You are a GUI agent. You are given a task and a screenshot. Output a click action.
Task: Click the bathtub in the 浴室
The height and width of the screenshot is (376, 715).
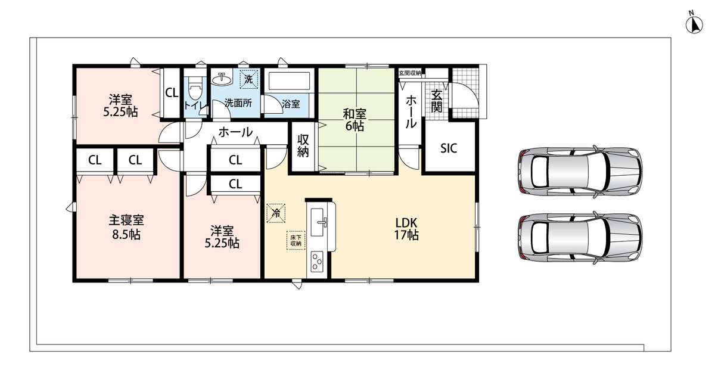[289, 81]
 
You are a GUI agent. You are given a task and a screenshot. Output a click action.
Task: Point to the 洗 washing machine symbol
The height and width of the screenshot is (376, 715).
[248, 79]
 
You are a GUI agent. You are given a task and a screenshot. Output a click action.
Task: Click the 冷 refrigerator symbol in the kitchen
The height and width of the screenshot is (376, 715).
[276, 213]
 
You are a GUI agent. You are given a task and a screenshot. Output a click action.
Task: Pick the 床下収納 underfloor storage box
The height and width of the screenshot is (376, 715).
[296, 240]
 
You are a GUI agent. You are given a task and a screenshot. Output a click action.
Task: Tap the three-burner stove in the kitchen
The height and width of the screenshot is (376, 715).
[317, 262]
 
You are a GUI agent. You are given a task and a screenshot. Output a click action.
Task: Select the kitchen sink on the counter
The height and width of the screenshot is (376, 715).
[317, 222]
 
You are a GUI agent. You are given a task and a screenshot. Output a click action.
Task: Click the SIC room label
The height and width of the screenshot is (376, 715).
[449, 148]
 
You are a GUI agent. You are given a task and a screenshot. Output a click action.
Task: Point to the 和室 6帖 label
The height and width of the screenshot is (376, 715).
[355, 120]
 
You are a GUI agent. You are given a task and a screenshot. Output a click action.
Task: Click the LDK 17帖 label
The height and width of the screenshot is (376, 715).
[406, 229]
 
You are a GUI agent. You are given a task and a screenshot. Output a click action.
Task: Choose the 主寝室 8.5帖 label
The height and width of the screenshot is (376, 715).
[126, 227]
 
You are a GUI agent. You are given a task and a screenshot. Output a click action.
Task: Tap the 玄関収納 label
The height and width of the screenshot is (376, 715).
[410, 73]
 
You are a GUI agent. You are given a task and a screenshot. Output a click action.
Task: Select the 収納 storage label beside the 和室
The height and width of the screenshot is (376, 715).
[303, 145]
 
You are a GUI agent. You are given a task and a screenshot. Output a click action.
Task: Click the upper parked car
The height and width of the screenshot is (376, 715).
[580, 172]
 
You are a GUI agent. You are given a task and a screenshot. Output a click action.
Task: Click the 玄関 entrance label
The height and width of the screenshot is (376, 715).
[437, 101]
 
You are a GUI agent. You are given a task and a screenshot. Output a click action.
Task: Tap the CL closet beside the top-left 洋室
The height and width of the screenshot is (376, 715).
[172, 93]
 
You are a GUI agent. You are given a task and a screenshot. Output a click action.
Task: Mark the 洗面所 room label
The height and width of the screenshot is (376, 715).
[238, 103]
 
